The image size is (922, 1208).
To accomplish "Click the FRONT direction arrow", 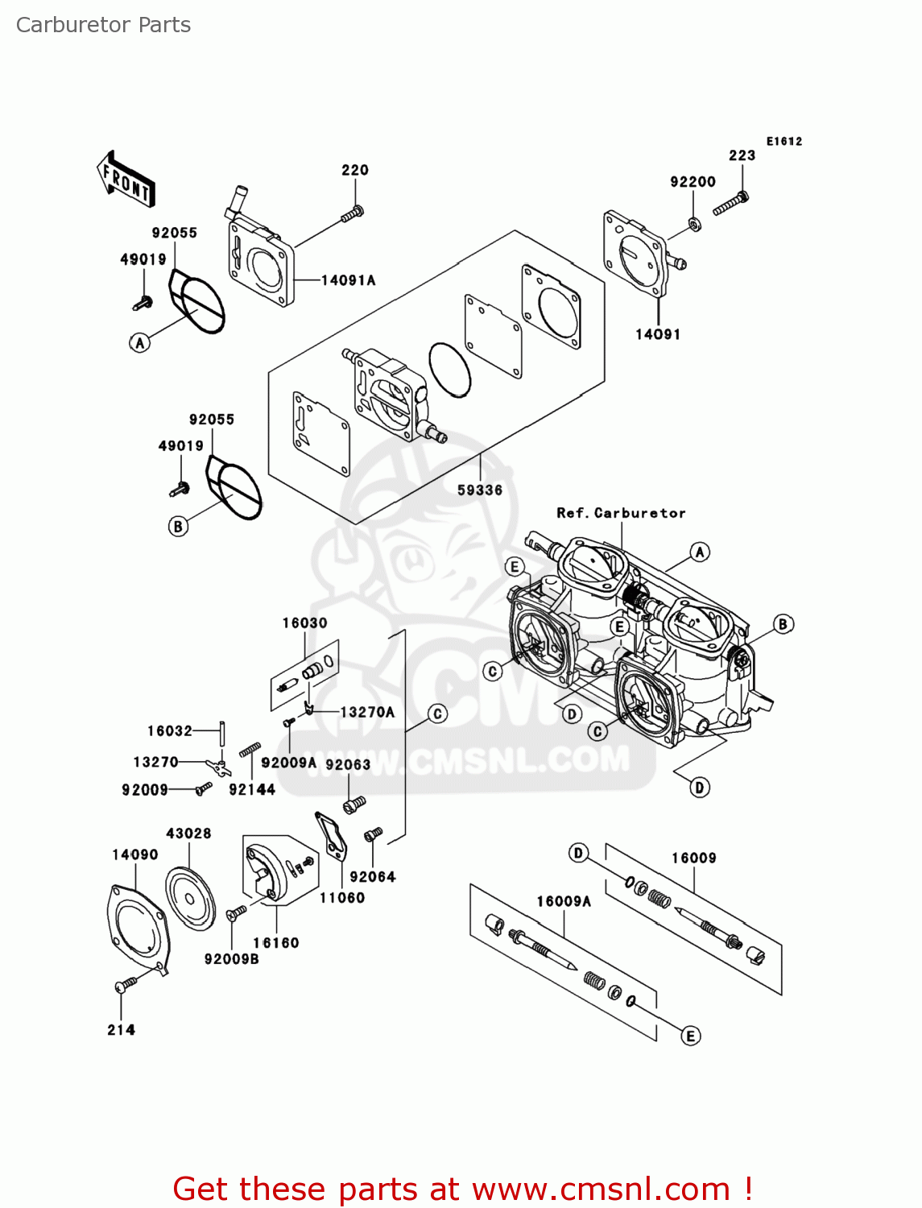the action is pos(126,180).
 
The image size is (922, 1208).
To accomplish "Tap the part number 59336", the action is pos(480,490).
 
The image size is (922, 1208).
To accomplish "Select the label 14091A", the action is pos(348,280).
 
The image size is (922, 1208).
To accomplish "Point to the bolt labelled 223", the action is pos(730,203).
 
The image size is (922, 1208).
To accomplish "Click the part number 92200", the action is pos(693,182).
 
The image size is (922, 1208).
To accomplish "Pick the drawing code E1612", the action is pos(784,142).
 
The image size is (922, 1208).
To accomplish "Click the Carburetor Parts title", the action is pos(103,25).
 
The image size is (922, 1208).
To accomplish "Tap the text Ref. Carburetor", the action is pos(621,513).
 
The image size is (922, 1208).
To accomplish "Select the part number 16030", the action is pos(304,623).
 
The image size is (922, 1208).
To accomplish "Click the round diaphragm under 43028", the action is pos(190,899).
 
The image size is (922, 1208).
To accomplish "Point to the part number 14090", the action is pos(135,854).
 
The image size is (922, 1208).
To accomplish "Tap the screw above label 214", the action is pos(126,985).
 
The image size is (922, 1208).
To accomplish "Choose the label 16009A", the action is pos(564,901).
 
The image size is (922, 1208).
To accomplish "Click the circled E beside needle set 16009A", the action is pos(690,1036).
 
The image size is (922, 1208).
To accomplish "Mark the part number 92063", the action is pos(348,764).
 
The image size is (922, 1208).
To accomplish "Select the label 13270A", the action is pos(367,712).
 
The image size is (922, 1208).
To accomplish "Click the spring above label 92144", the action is pos(250,749).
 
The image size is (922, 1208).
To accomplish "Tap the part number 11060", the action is pos(342,898).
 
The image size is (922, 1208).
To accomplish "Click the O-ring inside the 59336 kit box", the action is pos(449,370).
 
